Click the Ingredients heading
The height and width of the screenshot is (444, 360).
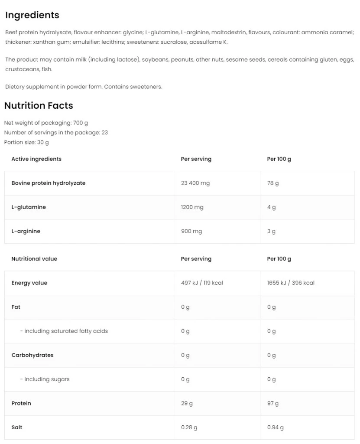(32, 15)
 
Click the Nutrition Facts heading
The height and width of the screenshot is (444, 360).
(39, 106)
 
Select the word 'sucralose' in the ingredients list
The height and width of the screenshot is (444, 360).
(174, 42)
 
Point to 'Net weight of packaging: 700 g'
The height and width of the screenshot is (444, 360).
(46, 123)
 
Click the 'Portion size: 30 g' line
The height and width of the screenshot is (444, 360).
(26, 142)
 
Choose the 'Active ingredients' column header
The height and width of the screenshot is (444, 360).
(36, 159)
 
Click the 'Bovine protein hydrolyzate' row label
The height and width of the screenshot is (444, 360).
(49, 183)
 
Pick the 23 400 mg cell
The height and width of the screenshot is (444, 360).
(195, 183)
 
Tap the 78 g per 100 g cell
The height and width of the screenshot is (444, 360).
(273, 183)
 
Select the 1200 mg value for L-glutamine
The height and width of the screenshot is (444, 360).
(192, 207)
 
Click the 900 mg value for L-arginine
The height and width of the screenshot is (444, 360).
(191, 232)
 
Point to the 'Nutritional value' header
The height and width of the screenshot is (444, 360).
(34, 259)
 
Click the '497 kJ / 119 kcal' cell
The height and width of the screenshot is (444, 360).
(202, 283)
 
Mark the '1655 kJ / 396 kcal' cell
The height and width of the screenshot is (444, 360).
(291, 283)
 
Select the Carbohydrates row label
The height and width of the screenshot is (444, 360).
(32, 355)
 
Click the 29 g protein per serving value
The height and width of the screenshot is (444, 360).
(187, 403)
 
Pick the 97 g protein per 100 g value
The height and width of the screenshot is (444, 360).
(273, 403)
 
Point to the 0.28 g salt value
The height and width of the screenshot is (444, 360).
(189, 428)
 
